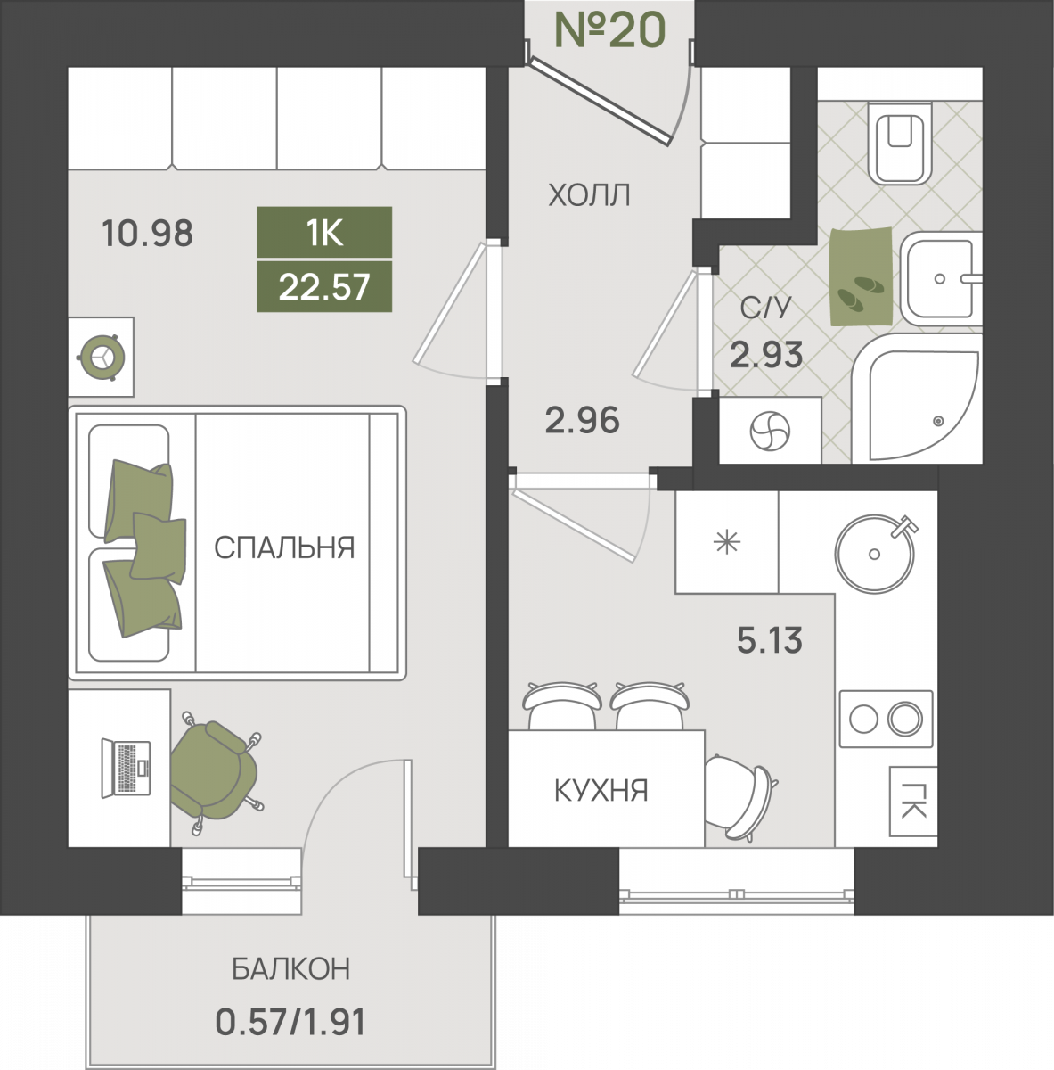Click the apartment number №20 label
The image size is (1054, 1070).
(610, 29)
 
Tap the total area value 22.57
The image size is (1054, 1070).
(324, 287)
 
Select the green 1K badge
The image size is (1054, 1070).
(324, 232)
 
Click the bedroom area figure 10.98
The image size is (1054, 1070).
(148, 234)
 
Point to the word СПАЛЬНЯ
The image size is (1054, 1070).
(284, 547)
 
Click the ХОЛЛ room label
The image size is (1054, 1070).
(589, 195)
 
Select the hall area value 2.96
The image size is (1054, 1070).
(582, 420)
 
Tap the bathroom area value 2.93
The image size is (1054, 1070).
(766, 355)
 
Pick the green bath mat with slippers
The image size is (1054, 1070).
(861, 276)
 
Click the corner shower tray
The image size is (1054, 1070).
(917, 398)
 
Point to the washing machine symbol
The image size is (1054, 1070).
(770, 430)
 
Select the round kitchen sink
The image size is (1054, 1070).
(875, 554)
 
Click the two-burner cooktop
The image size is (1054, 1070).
(886, 719)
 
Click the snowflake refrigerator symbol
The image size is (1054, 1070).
(727, 541)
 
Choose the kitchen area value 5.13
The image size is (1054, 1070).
(770, 640)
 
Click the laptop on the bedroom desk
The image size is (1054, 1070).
(126, 769)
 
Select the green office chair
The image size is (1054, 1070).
(215, 771)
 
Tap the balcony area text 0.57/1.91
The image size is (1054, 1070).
(290, 1022)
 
